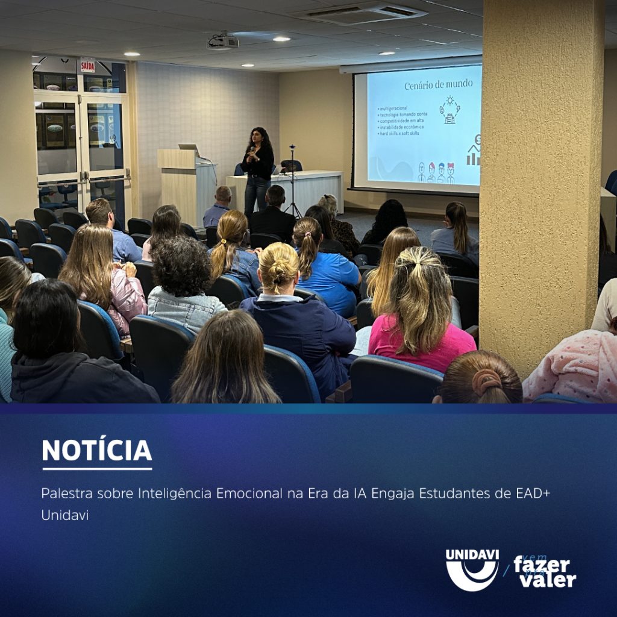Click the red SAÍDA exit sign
pos(88,66)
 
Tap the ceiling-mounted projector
pos(224,41)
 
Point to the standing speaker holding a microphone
pos(258,169)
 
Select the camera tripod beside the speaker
pos(292,181)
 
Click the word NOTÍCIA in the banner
pos(97,450)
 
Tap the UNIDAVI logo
pos(472,569)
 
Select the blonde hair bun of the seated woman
pos(278,265)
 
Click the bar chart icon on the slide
pos(474,155)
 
